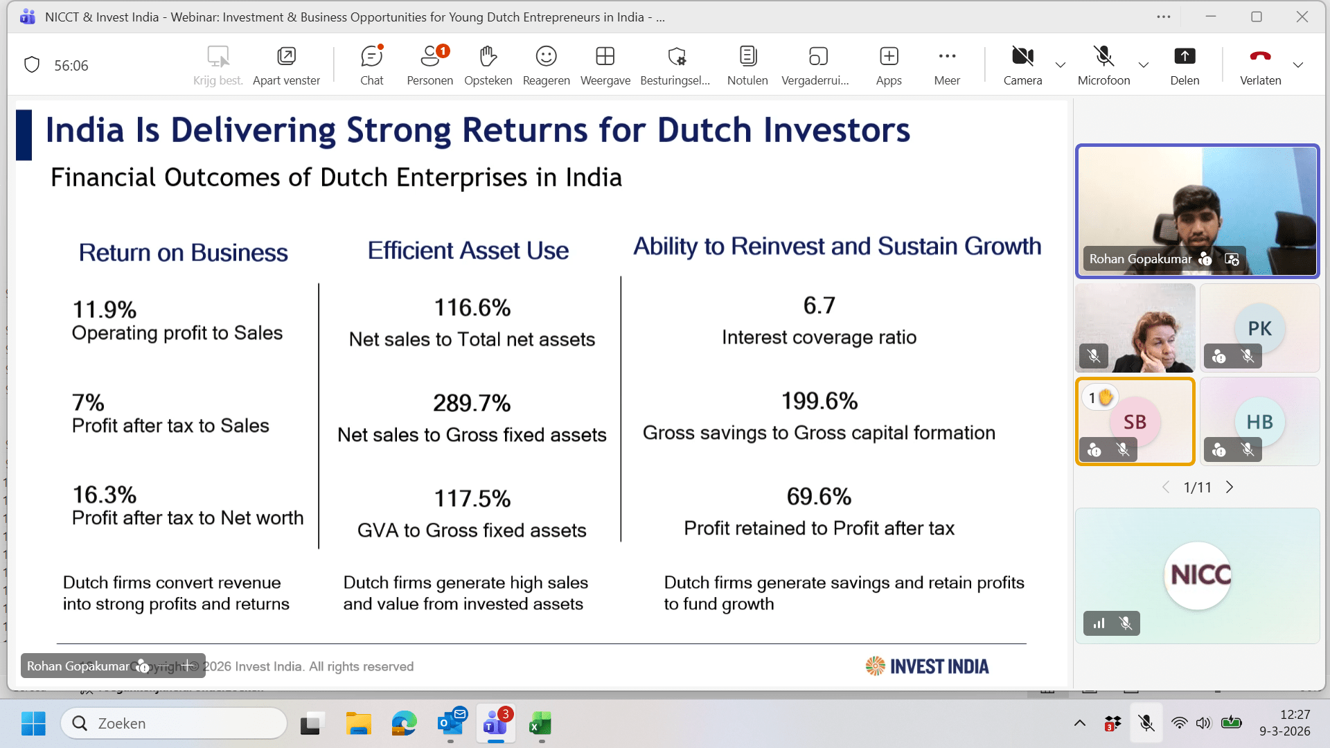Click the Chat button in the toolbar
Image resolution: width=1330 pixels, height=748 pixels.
point(372,65)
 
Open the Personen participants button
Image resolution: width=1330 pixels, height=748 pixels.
point(429,65)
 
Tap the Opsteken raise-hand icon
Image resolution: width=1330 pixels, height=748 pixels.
point(488,56)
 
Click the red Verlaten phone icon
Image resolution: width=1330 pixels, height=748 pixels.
point(1260,56)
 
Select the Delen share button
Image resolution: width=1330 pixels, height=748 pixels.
point(1185,65)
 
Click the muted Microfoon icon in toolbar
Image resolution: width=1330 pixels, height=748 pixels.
point(1103,55)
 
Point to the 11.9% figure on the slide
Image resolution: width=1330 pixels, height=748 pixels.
point(105,310)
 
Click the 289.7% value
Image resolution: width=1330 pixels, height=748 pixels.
point(472,403)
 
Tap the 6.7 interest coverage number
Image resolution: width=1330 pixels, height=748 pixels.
point(819,305)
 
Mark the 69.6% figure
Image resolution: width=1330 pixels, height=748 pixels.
point(819,497)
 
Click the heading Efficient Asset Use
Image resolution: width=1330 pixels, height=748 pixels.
point(468,251)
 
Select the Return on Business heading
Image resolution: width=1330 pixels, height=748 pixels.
point(184,253)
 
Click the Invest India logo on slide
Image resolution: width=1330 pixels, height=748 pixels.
point(928,666)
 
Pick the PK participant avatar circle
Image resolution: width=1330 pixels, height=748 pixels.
point(1259,328)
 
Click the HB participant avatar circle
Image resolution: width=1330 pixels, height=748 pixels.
point(1259,422)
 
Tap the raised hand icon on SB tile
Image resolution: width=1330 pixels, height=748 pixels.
point(1106,398)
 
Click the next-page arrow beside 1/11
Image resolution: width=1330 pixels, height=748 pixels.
point(1230,487)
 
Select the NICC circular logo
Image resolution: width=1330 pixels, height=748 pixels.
point(1198,576)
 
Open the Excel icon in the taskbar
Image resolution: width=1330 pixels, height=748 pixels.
point(540,724)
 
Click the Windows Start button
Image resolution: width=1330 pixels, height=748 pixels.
point(33,724)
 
